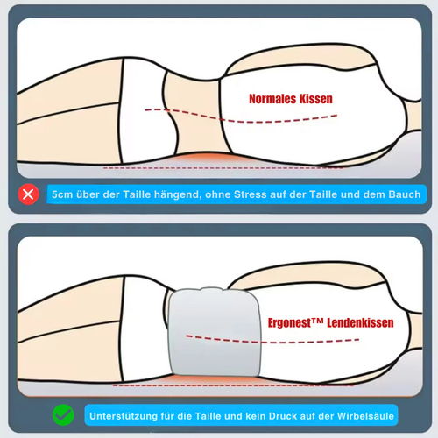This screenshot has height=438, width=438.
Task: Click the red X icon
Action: [28, 194]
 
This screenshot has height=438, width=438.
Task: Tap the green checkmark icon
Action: [63, 415]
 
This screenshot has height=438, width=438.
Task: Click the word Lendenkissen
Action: [360, 322]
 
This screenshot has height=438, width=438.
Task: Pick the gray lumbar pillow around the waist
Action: [215, 331]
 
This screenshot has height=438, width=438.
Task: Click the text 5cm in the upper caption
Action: [62, 194]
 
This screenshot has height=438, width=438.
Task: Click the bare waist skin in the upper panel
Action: [199, 117]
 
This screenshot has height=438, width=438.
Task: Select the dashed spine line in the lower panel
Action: [272, 341]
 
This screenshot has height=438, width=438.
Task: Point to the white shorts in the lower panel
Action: [143, 330]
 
